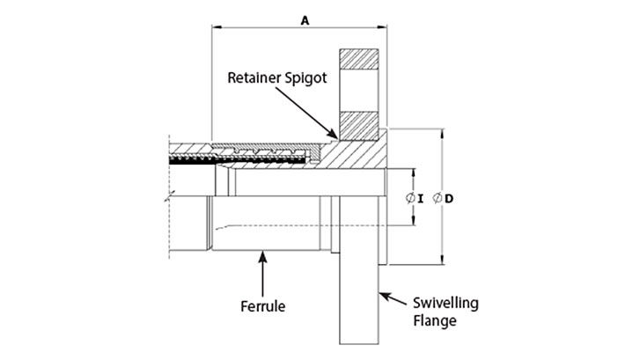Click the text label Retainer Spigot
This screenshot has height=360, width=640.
277,77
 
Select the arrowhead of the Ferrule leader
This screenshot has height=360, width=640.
263,253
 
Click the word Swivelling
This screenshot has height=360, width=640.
445,304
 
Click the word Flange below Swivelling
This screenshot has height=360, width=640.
435,321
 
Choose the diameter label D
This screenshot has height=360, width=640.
449,198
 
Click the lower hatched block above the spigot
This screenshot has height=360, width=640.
359,125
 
